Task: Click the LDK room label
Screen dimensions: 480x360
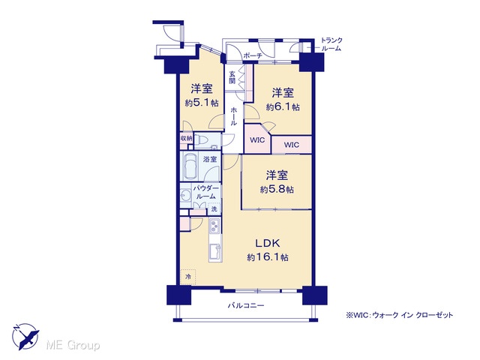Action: [268, 243]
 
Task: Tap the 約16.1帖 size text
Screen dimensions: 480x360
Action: [268, 257]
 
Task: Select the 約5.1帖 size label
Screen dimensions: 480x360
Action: [202, 103]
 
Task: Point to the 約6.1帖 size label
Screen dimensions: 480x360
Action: [283, 107]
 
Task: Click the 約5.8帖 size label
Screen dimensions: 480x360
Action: [277, 190]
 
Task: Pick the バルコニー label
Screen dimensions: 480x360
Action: [246, 305]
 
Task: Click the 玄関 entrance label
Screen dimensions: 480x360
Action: [232, 77]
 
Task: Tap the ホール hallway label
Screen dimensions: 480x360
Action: [233, 116]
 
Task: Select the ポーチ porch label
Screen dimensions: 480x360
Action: [253, 55]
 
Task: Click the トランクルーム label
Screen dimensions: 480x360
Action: [331, 44]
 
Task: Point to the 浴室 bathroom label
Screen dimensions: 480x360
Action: [210, 159]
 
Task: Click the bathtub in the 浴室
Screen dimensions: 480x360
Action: [190, 166]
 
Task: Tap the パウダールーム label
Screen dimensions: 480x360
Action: [205, 192]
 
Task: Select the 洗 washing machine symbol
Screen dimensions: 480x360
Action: [214, 209]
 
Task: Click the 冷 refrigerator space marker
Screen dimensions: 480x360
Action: [188, 277]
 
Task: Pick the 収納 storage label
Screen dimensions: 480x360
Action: [186, 138]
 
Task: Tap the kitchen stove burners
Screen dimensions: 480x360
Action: [214, 226]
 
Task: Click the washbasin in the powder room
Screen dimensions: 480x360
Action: [185, 195]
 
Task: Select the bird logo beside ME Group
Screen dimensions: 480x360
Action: [25, 337]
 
